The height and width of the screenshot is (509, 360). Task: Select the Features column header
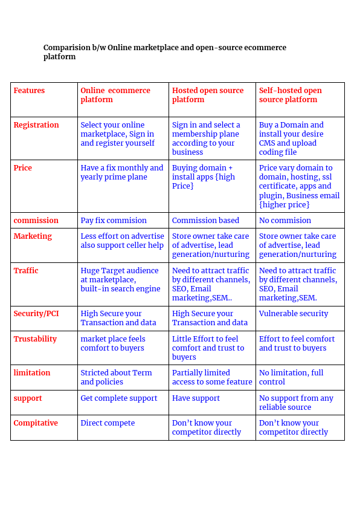tap(29, 91)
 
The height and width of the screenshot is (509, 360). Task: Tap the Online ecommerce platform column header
tap(115, 95)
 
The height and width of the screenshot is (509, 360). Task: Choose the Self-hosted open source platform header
tap(290, 95)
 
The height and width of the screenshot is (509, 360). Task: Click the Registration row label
tap(36, 125)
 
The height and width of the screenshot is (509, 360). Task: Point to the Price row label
tap(23, 168)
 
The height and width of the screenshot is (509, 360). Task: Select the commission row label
tap(36, 221)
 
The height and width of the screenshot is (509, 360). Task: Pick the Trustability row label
tap(35, 339)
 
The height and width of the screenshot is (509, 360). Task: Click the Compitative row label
tap(36, 423)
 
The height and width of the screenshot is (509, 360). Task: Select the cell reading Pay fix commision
tap(114, 221)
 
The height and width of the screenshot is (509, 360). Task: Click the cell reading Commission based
tap(205, 221)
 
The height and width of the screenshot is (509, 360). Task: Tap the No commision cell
tap(285, 221)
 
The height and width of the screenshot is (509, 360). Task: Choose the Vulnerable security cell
tap(294, 314)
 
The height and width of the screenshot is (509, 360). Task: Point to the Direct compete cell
tap(108, 423)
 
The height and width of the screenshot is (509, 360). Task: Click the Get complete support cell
tap(119, 398)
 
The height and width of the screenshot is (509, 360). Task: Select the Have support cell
tap(196, 398)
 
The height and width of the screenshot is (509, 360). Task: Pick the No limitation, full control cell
tap(291, 377)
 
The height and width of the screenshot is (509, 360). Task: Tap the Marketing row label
tap(33, 236)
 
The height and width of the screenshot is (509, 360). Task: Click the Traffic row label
tap(26, 271)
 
